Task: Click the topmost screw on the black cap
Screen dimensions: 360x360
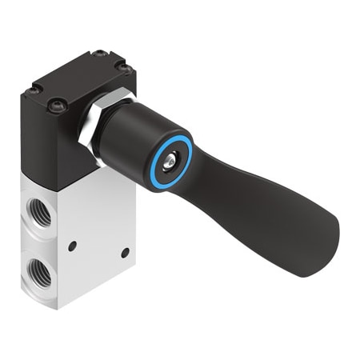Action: (x=100, y=54)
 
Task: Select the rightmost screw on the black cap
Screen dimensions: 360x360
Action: (x=125, y=70)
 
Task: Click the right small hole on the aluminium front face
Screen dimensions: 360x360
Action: (x=124, y=253)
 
